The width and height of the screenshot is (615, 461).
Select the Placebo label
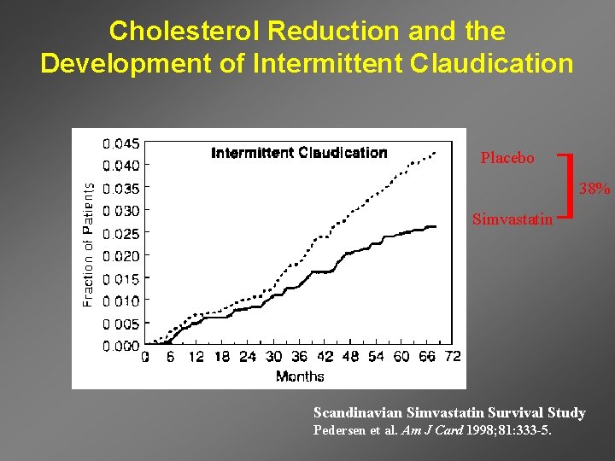click(507, 158)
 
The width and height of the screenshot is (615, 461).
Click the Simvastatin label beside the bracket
click(512, 219)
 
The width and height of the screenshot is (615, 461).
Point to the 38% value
click(595, 189)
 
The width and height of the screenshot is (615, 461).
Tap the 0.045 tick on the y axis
click(122, 143)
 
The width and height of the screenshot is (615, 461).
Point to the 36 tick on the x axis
click(299, 358)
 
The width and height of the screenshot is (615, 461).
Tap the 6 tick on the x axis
click(170, 358)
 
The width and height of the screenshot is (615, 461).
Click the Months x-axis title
click(300, 376)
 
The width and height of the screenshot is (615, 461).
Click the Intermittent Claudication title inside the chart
click(299, 153)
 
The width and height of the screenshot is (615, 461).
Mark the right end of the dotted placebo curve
click(436, 152)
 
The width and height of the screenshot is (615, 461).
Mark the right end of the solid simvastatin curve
click(436, 226)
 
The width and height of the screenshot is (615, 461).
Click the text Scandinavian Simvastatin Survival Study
click(449, 413)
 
